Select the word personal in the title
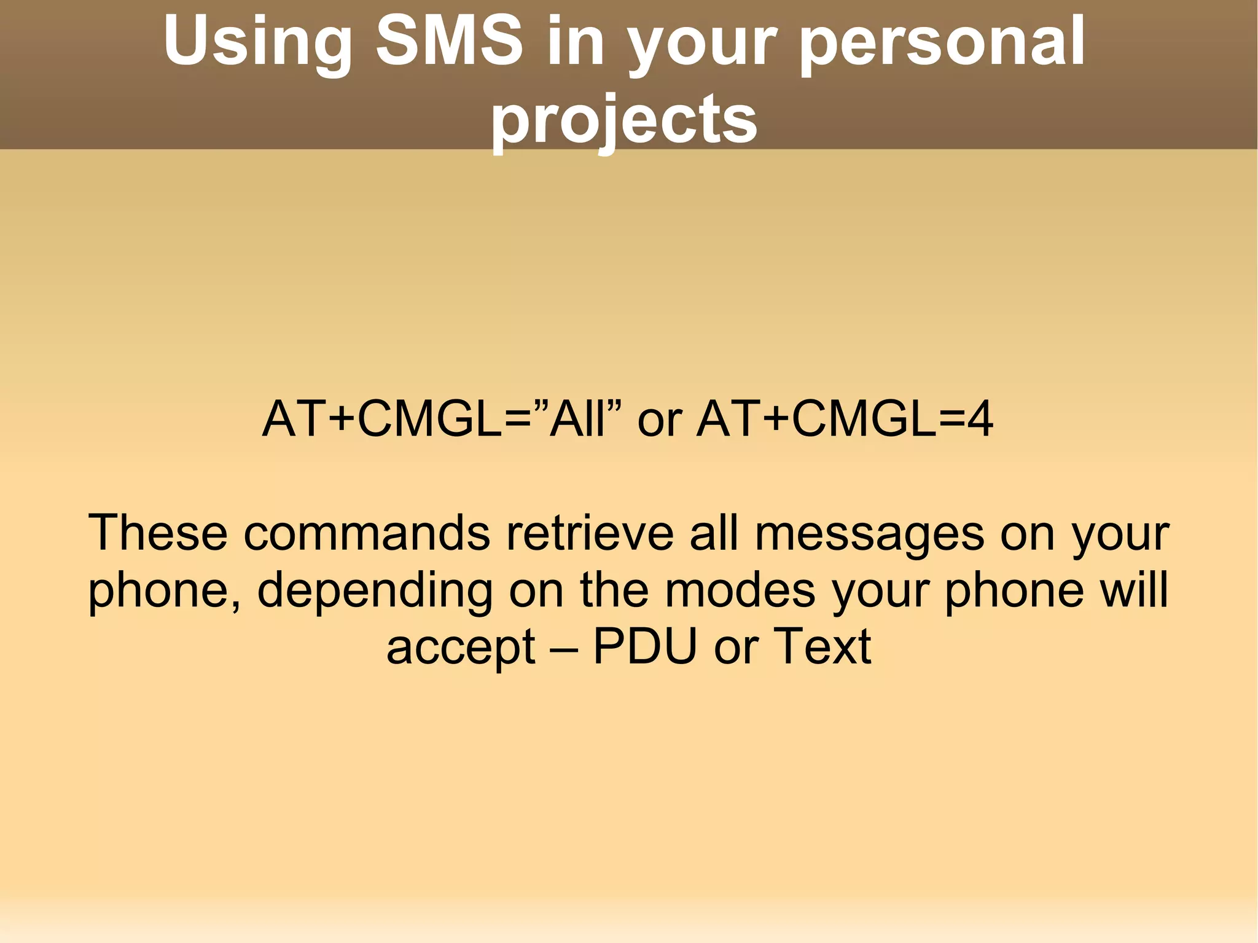tap(942, 43)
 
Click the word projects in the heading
tap(624, 120)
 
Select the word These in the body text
tap(158, 533)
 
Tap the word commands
tap(367, 533)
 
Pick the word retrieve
tap(590, 533)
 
